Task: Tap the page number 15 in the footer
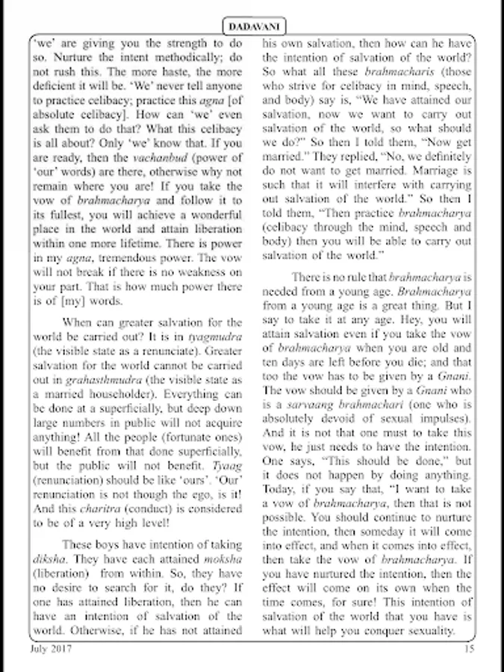coord(469,648)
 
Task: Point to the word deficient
coord(57,87)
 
